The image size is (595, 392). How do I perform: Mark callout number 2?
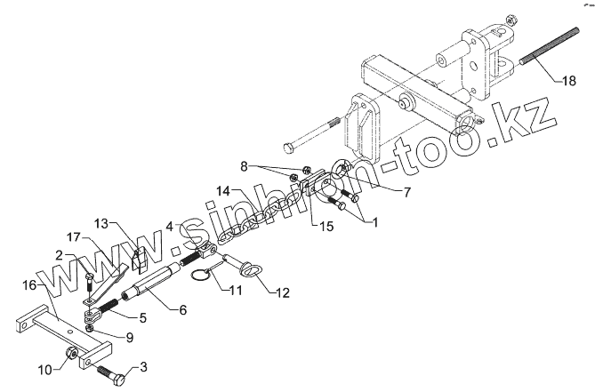point(59,255)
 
